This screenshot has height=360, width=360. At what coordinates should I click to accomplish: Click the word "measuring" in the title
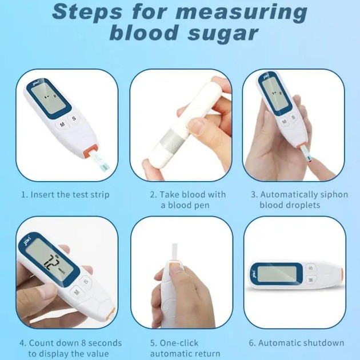pyautogui.click(x=242, y=13)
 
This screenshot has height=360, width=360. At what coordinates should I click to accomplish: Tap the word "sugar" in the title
pyautogui.click(x=223, y=34)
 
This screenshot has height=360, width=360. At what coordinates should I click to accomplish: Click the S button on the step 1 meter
pyautogui.click(x=74, y=118)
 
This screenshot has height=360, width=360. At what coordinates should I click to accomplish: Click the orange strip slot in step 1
pyautogui.click(x=91, y=151)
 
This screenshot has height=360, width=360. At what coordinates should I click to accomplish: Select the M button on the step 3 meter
pyautogui.click(x=284, y=122)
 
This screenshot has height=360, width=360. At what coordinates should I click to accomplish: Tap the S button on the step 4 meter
pyautogui.click(x=86, y=281)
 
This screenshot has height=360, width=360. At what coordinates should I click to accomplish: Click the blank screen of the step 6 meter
pyautogui.click(x=277, y=274)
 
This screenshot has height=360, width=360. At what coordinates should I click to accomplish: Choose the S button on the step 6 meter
pyautogui.click(x=311, y=268)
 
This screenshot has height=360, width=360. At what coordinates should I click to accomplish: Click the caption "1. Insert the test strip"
pyautogui.click(x=65, y=195)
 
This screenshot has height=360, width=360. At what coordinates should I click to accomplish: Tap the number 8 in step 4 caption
pyautogui.click(x=83, y=343)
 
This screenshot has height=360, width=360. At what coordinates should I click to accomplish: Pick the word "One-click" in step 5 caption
pyautogui.click(x=179, y=343)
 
